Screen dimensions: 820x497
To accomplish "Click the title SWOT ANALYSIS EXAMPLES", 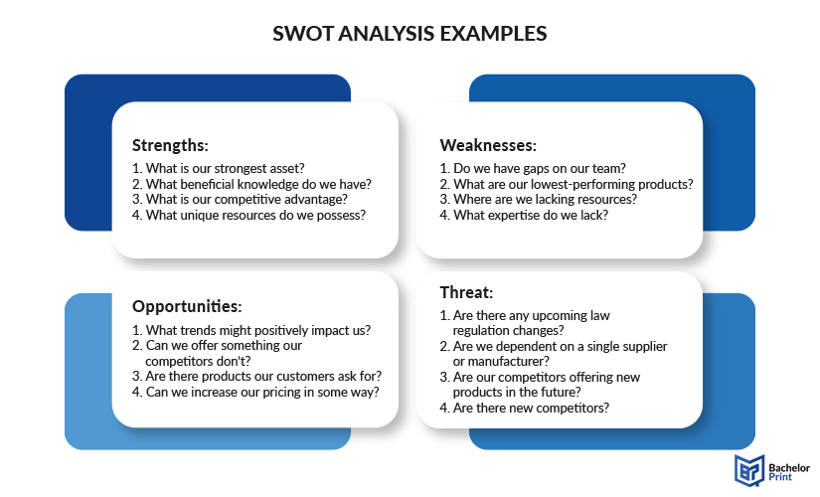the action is coord(410,34).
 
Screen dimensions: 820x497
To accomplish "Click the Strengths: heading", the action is coord(170,145).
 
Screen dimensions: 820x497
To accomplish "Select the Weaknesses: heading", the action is coord(488,145).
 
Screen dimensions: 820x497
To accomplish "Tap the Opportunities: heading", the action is coord(187,306).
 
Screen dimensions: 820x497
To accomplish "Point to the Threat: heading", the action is coord(466,292).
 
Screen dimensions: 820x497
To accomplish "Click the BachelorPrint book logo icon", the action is coord(748,470).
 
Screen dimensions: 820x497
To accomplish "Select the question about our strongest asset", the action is coord(218,168).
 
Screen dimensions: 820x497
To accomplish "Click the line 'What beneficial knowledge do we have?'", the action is coord(251,184).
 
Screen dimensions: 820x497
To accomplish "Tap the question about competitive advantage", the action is coord(240,200).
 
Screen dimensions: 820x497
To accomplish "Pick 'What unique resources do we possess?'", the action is coord(248,215).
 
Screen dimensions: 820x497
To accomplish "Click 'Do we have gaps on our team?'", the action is coord(533,168).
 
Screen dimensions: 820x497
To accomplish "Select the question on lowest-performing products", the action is coord(567,184).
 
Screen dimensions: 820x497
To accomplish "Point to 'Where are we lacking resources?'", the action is coord(538,200).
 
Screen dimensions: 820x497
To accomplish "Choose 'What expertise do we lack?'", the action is coord(524,215).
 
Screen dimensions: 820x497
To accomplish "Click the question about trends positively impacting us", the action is coord(251,331).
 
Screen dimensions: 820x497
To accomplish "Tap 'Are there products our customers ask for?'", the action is coord(256,377).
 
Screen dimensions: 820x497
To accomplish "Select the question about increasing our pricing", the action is coord(255,393).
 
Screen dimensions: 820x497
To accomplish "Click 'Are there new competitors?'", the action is coord(524,409).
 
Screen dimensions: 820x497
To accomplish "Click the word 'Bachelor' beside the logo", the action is coord(789,468).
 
